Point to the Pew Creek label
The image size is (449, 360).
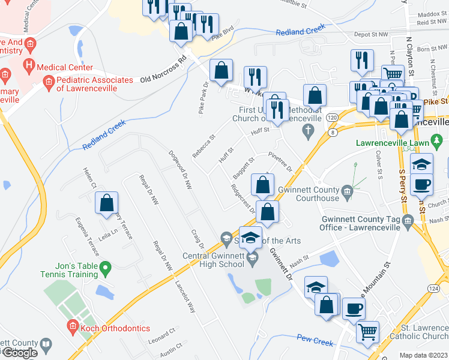(x=315, y=342)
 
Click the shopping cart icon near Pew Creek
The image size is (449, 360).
(x=367, y=331)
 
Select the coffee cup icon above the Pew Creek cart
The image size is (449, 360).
(x=354, y=308)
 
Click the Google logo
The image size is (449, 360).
(x=20, y=353)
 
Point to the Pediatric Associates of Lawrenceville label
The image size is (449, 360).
(x=94, y=84)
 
